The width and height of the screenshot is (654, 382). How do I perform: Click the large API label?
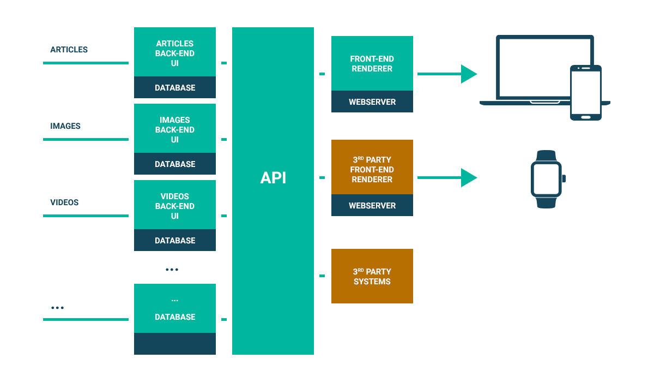(273, 178)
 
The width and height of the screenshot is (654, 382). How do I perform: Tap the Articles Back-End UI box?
(175, 53)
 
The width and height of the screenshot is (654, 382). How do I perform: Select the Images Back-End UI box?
(175, 129)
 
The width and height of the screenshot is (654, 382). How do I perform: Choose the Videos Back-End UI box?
(175, 206)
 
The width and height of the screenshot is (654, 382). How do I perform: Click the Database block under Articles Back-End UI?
(175, 88)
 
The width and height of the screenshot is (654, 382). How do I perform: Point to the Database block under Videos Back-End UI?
(175, 241)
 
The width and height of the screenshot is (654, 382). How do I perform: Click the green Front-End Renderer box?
(372, 63)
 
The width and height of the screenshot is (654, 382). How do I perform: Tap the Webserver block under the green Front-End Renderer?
(372, 102)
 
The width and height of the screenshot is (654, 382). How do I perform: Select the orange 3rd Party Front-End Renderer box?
(372, 169)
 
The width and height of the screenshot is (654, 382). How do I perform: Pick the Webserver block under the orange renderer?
(372, 206)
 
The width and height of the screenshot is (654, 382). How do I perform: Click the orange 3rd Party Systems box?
(372, 276)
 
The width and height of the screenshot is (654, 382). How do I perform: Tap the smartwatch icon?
(547, 179)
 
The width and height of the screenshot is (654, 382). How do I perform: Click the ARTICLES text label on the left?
(69, 50)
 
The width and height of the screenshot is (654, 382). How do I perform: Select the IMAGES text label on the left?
(65, 126)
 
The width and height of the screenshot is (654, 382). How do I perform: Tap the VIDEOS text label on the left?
(65, 202)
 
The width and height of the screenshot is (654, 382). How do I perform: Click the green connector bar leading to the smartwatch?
(447, 178)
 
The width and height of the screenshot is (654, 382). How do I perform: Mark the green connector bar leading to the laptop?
(447, 74)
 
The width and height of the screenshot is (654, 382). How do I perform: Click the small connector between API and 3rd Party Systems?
(322, 276)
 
